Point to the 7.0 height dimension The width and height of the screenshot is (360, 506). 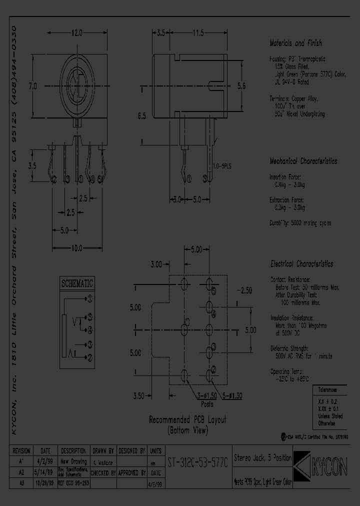(x=33, y=86)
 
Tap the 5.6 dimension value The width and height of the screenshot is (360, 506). (x=241, y=86)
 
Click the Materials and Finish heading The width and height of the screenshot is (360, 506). (x=296, y=43)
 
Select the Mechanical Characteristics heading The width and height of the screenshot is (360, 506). (x=303, y=161)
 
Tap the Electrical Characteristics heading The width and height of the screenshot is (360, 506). (x=301, y=264)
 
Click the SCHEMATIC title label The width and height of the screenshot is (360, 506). (x=77, y=283)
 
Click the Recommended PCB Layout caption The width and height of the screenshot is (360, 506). (x=188, y=420)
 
